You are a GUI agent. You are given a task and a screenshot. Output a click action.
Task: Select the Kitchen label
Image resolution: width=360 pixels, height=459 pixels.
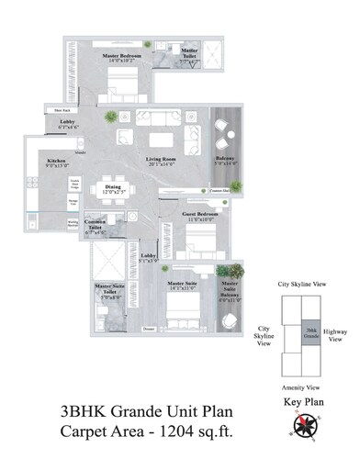pyautogui.click(x=56, y=160)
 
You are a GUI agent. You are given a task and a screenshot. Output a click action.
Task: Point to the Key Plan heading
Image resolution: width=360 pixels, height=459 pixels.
pyautogui.click(x=303, y=403)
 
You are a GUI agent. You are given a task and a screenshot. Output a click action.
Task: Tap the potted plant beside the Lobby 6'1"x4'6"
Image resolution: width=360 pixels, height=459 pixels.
pyautogui.click(x=110, y=117)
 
